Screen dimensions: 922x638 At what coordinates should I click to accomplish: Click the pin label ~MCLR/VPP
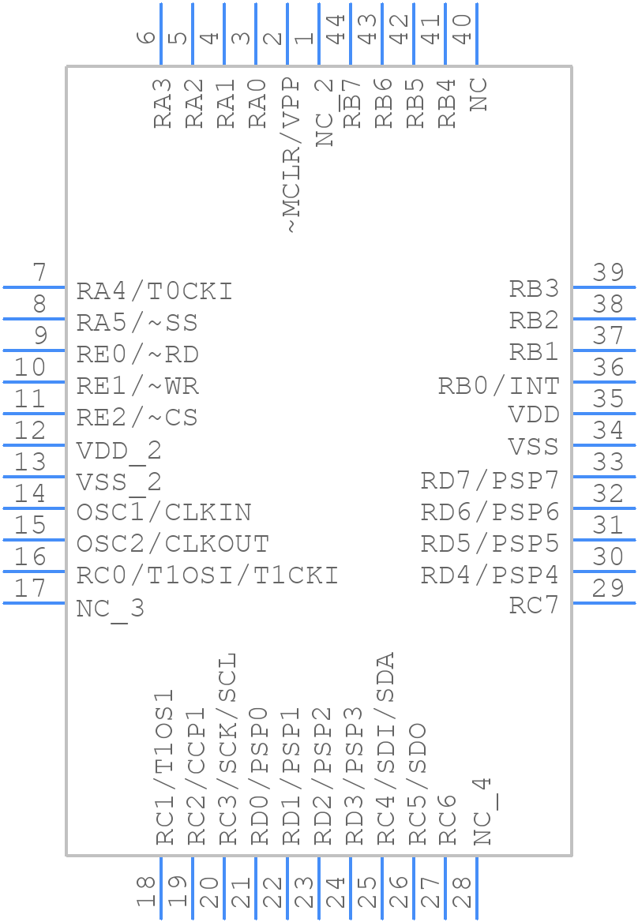290,155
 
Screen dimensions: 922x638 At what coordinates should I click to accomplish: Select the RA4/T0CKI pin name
154,291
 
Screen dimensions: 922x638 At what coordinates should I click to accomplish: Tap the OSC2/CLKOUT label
172,544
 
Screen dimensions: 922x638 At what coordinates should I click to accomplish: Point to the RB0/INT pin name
498,386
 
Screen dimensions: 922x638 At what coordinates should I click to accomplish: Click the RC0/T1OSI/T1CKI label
207,575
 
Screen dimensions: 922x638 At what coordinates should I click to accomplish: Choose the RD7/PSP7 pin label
490,480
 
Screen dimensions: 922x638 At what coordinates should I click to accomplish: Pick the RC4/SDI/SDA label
385,748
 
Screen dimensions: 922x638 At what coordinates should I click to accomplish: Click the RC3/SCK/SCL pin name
227,748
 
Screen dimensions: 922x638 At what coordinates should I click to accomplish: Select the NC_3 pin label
110,609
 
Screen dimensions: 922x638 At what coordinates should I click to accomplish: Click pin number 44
336,29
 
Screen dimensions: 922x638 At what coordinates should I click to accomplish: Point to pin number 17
31,588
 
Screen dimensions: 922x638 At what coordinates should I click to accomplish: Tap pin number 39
609,272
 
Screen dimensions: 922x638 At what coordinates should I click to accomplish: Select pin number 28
463,892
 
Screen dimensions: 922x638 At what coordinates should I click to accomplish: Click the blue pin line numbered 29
603,603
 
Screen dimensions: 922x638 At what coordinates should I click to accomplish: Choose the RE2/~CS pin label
137,418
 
